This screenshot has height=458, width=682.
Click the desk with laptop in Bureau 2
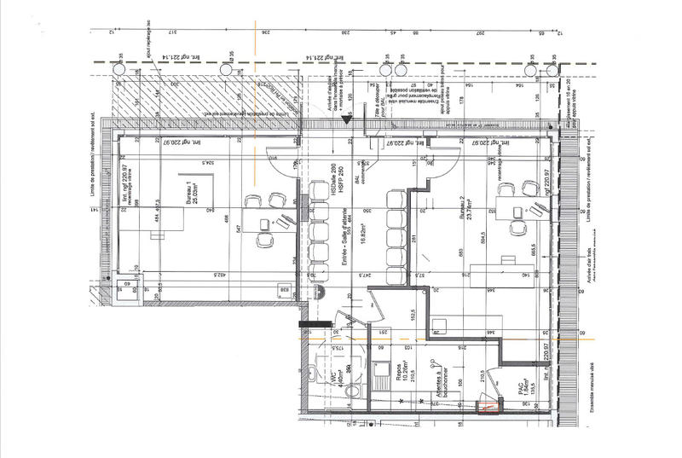[510, 202]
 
